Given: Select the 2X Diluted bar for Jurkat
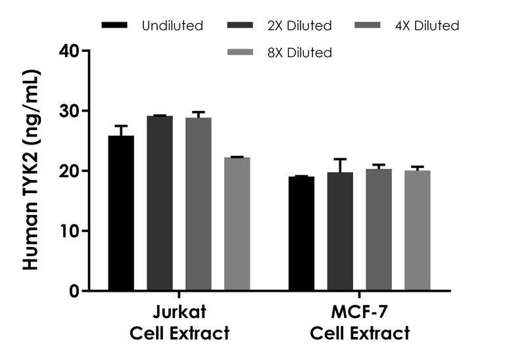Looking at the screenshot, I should click(x=160, y=204).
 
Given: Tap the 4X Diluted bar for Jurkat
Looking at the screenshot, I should click(x=198, y=204).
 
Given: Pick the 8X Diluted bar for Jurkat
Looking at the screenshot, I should click(x=237, y=224).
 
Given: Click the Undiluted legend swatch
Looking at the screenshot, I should click(x=116, y=26).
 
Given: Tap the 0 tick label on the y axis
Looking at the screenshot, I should click(x=75, y=291).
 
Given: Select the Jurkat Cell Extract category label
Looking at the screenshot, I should click(x=178, y=322).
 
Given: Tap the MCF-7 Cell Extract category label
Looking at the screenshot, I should click(x=360, y=322).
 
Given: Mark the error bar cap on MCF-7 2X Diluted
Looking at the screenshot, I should click(x=340, y=159).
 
